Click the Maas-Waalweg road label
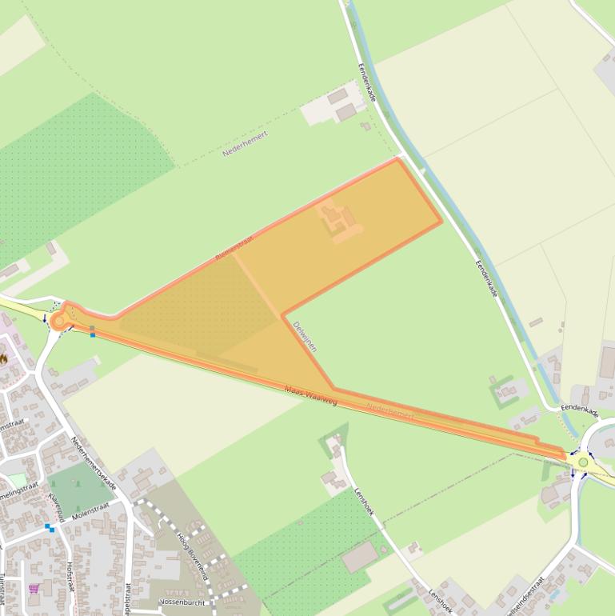[x=310, y=394]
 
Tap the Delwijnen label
[x=306, y=337]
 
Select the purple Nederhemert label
[x=244, y=142]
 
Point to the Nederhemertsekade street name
[x=94, y=465]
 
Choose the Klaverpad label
[x=56, y=509]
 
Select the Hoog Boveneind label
[x=192, y=555]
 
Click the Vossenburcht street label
[x=182, y=602]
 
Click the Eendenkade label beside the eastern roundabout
[x=579, y=410]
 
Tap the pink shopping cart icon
[x=34, y=589]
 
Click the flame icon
[x=3, y=358]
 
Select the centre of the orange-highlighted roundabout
[x=58, y=322]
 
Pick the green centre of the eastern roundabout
[x=583, y=462]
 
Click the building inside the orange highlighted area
[x=340, y=219]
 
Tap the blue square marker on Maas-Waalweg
[x=93, y=331]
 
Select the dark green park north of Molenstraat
[x=79, y=488]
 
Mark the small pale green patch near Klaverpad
[x=17, y=480]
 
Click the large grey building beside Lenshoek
[x=360, y=557]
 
